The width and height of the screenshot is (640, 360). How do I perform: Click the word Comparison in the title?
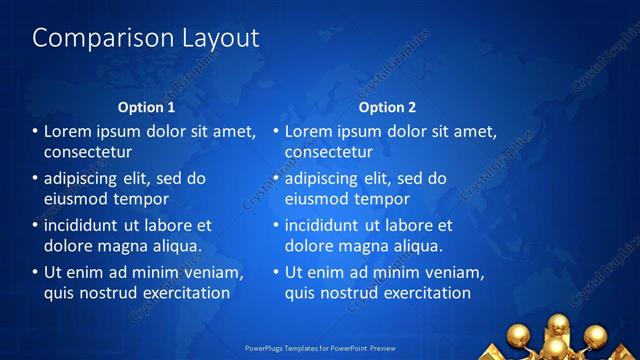94,39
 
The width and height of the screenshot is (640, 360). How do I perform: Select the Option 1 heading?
146,107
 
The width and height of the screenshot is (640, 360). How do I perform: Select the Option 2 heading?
387,107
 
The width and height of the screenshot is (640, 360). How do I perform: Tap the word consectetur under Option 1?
88,152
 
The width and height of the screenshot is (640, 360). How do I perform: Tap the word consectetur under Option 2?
329,152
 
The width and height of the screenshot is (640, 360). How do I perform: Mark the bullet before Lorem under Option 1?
35,132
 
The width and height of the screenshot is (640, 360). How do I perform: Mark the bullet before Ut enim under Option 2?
276,273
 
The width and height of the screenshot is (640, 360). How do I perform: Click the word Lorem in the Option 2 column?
309,132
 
